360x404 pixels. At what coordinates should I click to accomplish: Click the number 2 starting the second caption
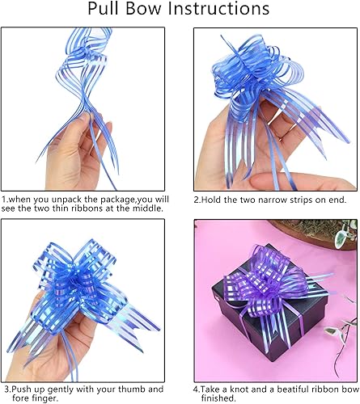tap(197, 198)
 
